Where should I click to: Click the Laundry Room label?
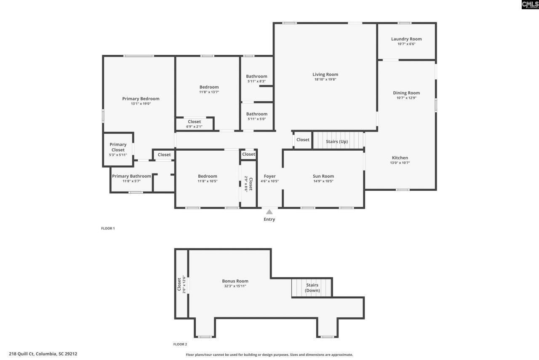coord(406,39)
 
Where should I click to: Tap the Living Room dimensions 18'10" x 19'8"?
coord(326,79)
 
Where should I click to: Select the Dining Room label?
coord(406,93)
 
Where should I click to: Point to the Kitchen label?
coord(400,158)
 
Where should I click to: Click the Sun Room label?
coord(323,176)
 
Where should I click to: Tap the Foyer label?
coord(269,176)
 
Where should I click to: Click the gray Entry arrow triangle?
coord(269,212)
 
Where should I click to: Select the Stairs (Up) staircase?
coord(337,141)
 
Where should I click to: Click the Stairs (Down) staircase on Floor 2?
coord(312,287)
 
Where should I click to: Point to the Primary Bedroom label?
coord(141,99)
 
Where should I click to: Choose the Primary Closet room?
coord(118,147)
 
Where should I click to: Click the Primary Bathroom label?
coord(131,176)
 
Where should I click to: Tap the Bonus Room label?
coord(235,281)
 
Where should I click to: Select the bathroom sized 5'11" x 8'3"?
coord(256,79)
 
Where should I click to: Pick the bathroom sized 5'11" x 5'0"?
coord(256,116)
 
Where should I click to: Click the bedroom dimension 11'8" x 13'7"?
coord(209,92)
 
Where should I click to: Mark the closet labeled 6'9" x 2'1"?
coord(194,124)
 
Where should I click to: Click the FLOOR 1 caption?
coord(108,228)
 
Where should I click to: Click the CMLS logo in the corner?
coord(530,5)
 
